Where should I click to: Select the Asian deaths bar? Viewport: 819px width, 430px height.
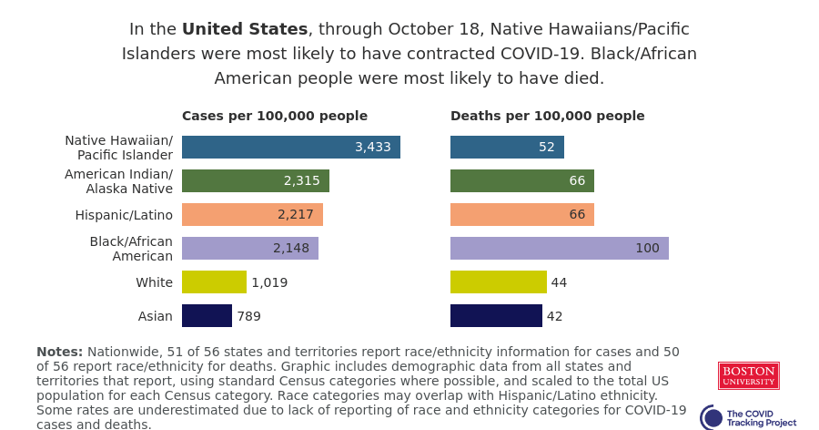click(496, 316)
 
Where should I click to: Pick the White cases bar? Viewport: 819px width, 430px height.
click(214, 282)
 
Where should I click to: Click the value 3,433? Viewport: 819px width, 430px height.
click(373, 147)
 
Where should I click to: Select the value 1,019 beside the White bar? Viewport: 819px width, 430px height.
click(269, 282)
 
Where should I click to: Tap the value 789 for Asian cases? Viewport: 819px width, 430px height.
click(248, 316)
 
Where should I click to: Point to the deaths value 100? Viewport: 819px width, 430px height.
click(647, 248)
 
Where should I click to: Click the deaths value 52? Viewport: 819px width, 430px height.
click(546, 147)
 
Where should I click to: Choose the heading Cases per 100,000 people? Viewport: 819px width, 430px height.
click(275, 116)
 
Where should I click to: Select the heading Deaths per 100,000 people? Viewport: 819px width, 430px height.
click(547, 116)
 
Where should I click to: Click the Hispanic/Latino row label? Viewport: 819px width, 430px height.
click(124, 215)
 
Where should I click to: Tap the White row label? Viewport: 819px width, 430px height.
click(154, 282)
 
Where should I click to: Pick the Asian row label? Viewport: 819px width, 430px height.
click(155, 316)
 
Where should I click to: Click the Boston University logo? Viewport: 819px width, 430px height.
click(748, 375)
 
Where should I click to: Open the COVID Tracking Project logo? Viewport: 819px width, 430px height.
click(748, 418)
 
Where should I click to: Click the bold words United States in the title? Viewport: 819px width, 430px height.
click(244, 29)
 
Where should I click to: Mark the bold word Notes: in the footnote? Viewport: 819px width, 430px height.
click(59, 352)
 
